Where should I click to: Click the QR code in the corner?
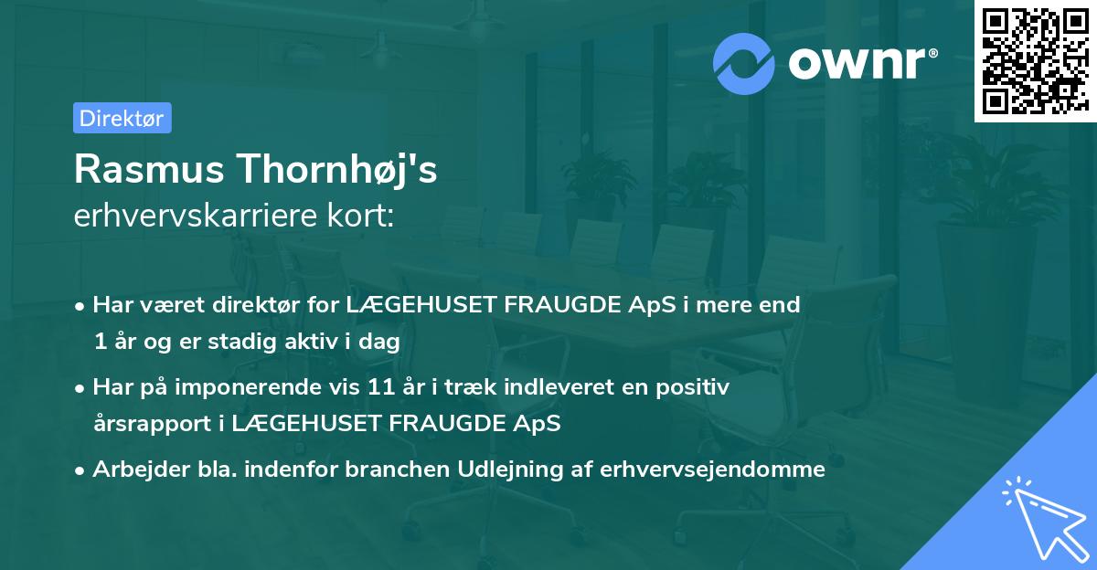[x=1035, y=61]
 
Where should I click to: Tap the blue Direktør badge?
[x=122, y=118]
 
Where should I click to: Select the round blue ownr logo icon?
[x=744, y=63]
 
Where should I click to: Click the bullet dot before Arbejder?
[x=81, y=470]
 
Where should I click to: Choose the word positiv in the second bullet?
[x=696, y=387]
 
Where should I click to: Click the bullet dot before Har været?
[x=81, y=306]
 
